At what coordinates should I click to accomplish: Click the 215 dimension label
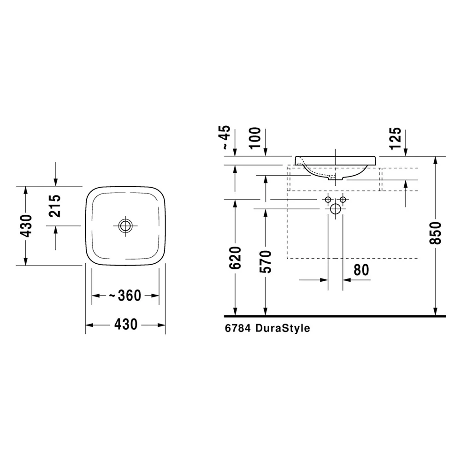55,206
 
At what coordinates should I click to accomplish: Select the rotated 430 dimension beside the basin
26,226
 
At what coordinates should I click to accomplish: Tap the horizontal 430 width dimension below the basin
126,324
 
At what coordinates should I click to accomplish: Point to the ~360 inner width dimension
125,295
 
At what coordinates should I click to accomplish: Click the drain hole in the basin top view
125,226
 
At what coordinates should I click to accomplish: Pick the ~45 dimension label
225,137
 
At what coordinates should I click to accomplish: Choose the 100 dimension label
254,138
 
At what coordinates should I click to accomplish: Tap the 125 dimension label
395,138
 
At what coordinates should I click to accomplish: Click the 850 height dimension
436,233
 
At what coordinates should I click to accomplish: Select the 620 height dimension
235,258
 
